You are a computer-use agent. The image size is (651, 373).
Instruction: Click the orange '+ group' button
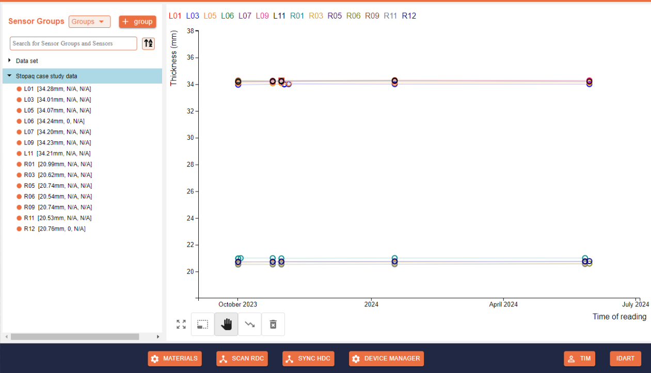tap(137, 22)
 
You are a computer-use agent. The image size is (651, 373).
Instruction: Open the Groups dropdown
tap(89, 22)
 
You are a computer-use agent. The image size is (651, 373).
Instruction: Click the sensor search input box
tap(73, 43)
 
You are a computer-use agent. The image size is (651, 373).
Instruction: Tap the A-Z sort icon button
tap(148, 43)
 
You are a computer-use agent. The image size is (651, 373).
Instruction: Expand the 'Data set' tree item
tap(10, 60)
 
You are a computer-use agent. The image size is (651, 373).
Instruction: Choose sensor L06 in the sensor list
tap(54, 121)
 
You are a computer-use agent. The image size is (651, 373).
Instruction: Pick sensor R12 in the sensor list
tap(55, 229)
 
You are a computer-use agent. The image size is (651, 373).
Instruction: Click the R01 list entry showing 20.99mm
tap(58, 164)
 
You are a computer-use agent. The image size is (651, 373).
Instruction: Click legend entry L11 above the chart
tap(279, 15)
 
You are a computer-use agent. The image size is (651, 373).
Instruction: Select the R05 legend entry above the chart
tap(335, 15)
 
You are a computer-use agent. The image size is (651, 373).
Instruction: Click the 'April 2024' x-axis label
tap(503, 304)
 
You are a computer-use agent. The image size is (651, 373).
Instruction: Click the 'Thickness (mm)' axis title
tap(173, 58)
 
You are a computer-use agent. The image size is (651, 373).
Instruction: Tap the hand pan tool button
tap(226, 324)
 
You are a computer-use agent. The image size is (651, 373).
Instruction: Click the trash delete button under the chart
tap(273, 324)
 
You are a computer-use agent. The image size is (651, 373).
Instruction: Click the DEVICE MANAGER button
tap(386, 359)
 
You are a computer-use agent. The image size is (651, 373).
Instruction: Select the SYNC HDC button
tap(308, 359)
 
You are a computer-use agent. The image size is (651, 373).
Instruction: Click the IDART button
tap(625, 359)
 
